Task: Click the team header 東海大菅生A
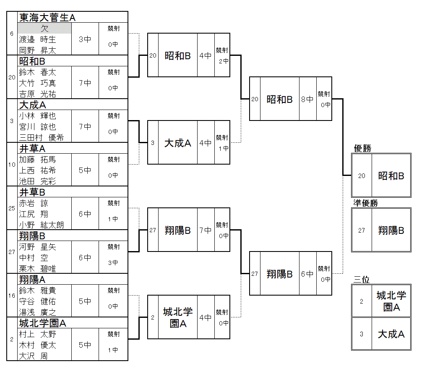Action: click(x=47, y=17)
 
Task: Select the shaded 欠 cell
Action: click(x=44, y=29)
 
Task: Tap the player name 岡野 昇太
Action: click(x=37, y=50)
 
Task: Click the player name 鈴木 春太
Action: click(x=37, y=72)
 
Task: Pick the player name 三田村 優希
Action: click(x=41, y=138)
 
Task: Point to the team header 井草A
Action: click(x=32, y=148)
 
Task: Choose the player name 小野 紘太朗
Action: click(x=41, y=225)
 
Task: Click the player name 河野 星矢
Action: click(x=37, y=247)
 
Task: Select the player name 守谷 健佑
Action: click(x=37, y=301)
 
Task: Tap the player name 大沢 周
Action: click(x=33, y=356)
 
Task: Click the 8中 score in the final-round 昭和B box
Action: click(x=307, y=100)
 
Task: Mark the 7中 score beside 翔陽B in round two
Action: click(x=206, y=230)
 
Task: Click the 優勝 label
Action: click(x=362, y=148)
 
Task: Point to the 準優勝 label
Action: click(x=365, y=203)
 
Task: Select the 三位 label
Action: click(x=362, y=280)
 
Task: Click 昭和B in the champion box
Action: click(x=391, y=176)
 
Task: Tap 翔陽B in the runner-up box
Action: click(x=391, y=231)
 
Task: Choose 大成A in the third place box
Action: click(x=391, y=334)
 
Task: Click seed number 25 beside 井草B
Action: click(x=12, y=208)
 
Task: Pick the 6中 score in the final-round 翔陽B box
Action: click(x=307, y=274)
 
